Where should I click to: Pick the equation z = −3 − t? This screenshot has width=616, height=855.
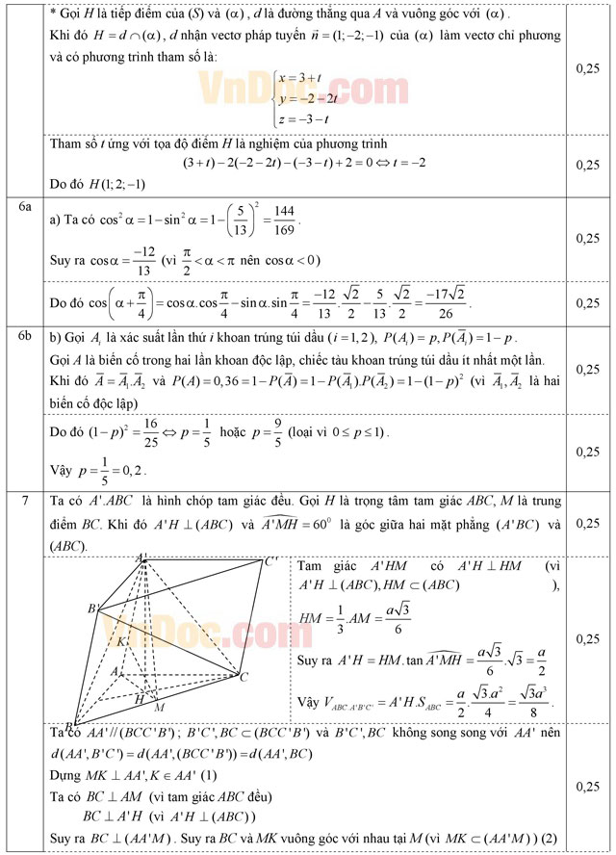[x=305, y=117]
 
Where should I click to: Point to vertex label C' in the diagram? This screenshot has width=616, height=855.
[x=271, y=561]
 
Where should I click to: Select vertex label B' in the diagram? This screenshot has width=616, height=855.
[x=94, y=609]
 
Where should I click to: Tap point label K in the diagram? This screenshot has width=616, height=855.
[x=121, y=640]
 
